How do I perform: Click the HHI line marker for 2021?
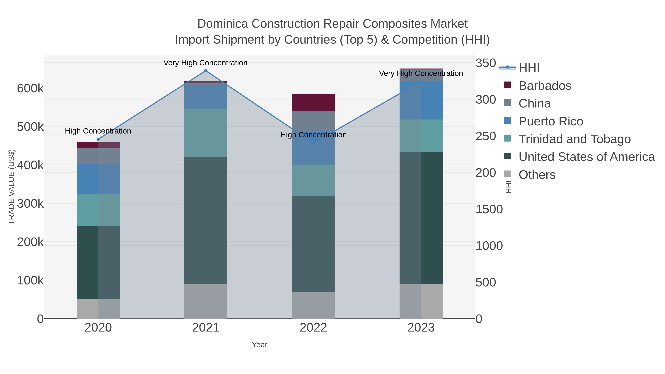pos(206,71)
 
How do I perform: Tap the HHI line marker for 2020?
pos(98,139)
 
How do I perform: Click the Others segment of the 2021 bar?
pos(206,301)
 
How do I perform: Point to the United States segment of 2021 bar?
pos(206,220)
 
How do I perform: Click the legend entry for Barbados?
pos(545,86)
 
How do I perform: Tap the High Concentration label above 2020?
pos(98,131)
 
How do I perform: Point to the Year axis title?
pos(260,345)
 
